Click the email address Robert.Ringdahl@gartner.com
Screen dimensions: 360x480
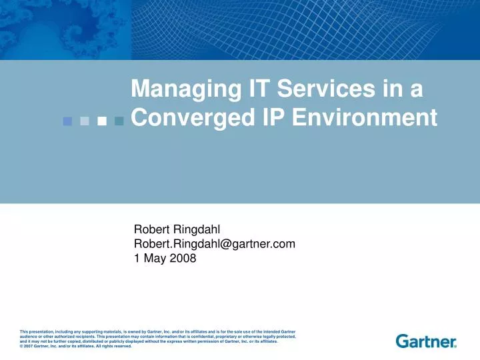[x=215, y=245]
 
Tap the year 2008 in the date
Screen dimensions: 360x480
[x=183, y=259]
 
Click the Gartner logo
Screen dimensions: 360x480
[x=427, y=341]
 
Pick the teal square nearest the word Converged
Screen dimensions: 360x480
[x=119, y=121]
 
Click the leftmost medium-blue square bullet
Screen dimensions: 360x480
[x=67, y=121]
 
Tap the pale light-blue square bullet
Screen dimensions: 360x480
[x=84, y=121]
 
